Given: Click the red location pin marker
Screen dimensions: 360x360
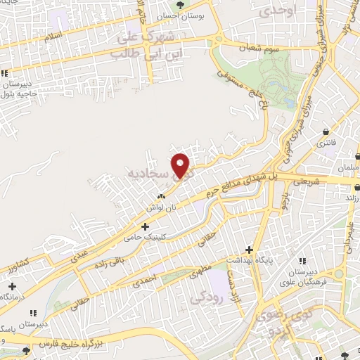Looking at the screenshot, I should coord(181,165).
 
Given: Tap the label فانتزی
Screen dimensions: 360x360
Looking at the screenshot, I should coord(327,143).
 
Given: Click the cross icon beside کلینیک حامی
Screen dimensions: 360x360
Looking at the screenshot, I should coord(145,226).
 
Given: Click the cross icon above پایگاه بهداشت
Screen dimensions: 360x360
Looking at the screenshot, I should coord(247,250).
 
